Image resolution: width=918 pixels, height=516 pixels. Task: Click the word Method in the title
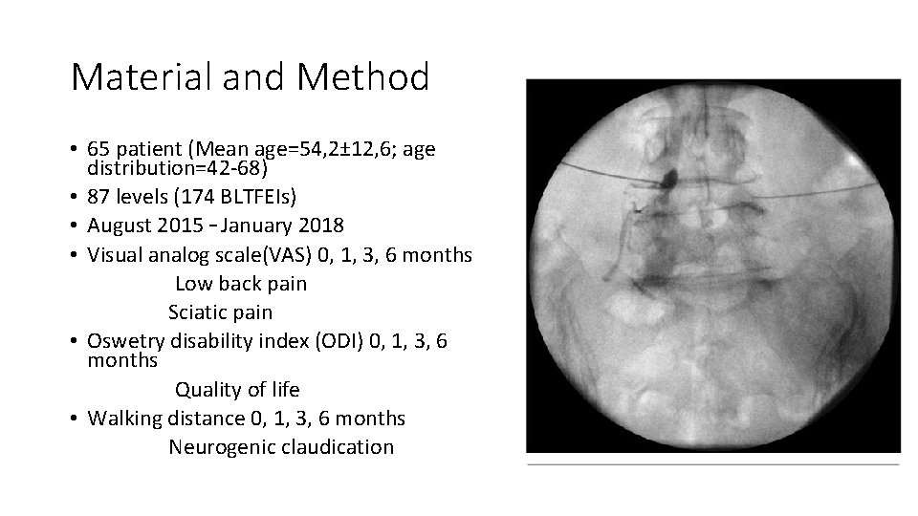(x=362, y=77)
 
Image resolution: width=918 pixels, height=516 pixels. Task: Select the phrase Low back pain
(x=241, y=284)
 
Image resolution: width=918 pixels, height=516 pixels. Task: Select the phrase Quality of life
(x=236, y=389)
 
